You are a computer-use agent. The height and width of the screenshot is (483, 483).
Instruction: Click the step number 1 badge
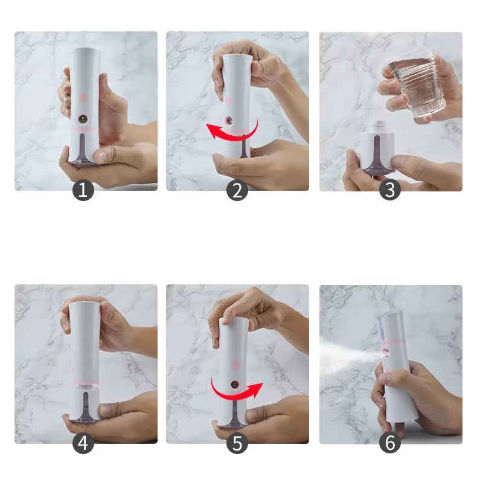[x=83, y=191]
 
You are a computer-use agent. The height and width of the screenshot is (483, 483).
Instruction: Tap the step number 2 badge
[x=237, y=191]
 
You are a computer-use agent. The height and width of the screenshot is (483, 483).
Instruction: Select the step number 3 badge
[x=390, y=191]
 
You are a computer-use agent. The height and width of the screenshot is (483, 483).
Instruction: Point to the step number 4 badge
[x=83, y=444]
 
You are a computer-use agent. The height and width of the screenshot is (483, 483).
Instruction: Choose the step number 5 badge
[x=237, y=444]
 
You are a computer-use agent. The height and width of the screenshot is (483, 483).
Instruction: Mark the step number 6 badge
[x=390, y=444]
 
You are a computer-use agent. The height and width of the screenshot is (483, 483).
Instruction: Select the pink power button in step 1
[x=83, y=95]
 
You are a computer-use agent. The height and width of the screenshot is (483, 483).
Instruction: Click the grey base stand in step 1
[x=83, y=159]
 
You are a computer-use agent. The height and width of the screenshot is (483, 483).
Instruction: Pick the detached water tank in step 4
[x=85, y=403]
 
